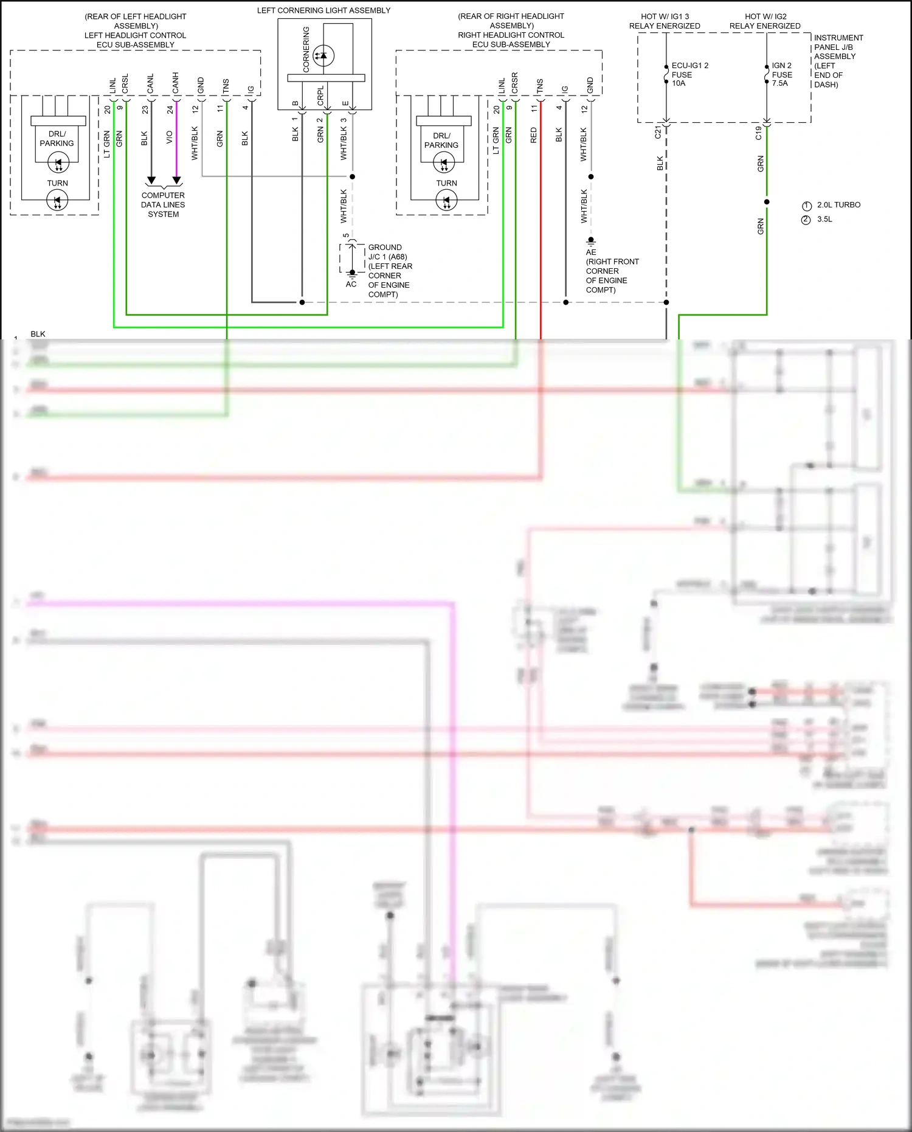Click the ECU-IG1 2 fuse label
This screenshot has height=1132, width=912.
click(689, 74)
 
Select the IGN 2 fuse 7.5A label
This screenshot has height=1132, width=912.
click(781, 74)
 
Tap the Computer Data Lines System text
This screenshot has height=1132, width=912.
click(163, 204)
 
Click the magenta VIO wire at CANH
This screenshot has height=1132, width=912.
click(176, 140)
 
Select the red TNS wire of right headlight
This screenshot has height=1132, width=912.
click(541, 213)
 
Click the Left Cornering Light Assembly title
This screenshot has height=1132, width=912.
click(323, 10)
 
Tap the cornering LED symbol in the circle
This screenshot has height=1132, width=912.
click(323, 55)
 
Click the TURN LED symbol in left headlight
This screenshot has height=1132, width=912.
click(58, 201)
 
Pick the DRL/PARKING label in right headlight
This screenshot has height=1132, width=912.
click(441, 141)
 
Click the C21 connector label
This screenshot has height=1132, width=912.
click(658, 133)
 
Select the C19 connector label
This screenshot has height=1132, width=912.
click(758, 133)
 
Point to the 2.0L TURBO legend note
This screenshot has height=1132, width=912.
click(838, 205)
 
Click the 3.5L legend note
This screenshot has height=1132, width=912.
click(824, 220)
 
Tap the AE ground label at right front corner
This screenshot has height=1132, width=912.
click(591, 252)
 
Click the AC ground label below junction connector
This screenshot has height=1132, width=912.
click(351, 284)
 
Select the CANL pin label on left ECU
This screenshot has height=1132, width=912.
click(150, 84)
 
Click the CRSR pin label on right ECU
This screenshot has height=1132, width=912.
click(515, 83)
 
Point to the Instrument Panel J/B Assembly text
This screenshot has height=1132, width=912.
click(838, 61)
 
